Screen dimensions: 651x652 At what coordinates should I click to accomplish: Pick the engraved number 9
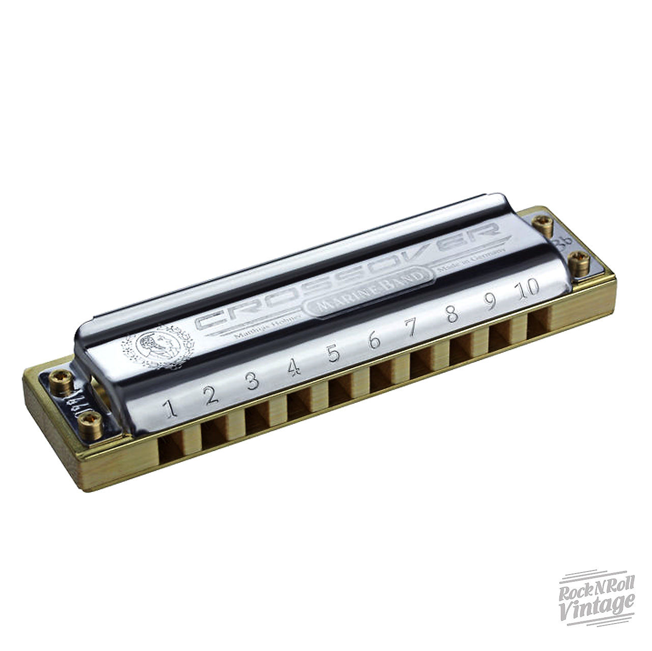[490, 302]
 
